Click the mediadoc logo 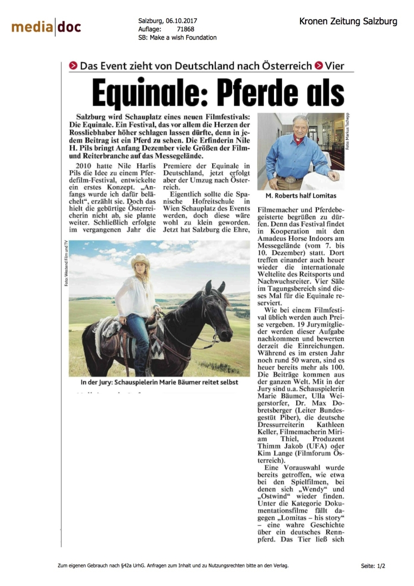[46, 27]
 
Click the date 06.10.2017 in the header [182, 21]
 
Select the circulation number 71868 [185, 29]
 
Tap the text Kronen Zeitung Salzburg [348, 22]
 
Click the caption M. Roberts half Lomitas [301, 195]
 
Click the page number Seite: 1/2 [373, 566]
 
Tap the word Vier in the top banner [334, 66]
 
